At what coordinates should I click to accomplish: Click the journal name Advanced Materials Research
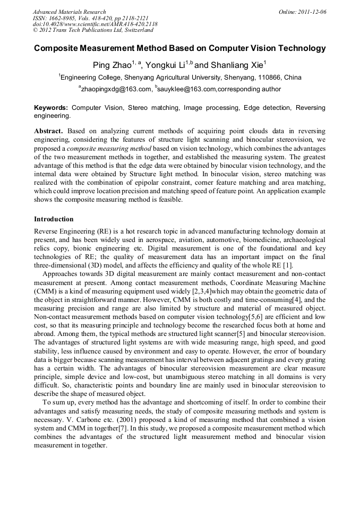pyautogui.click(x=69, y=12)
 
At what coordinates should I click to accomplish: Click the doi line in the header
pyautogui.click(x=95, y=24)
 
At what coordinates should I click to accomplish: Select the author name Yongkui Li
pyautogui.click(x=166, y=65)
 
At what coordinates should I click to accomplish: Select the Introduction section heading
pyautogui.click(x=54, y=219)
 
